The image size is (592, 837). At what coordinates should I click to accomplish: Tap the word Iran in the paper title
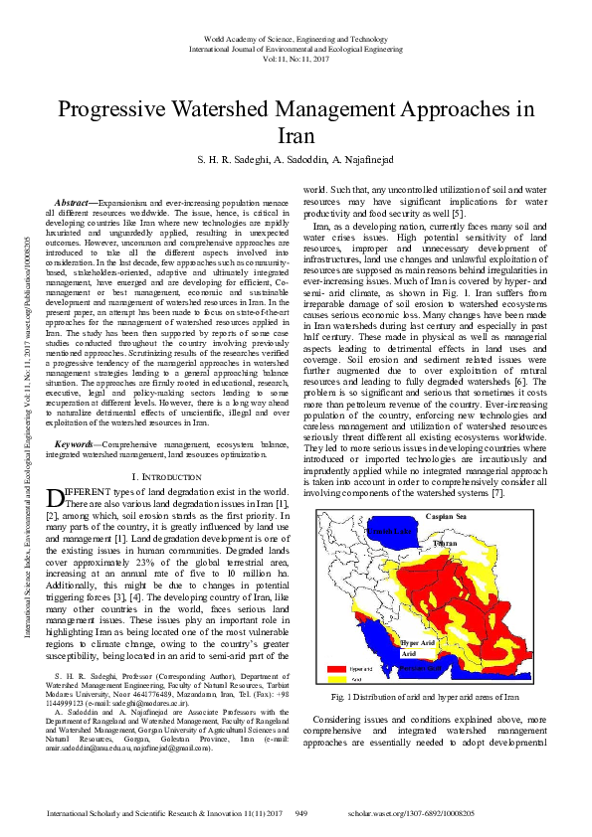pyautogui.click(x=296, y=135)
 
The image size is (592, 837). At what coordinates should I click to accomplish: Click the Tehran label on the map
pyautogui.click(x=445, y=545)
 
